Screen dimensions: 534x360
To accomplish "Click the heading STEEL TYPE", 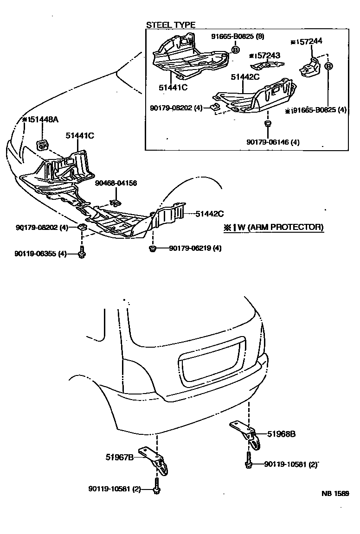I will [x=171, y=25].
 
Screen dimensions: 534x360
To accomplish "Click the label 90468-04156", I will [x=116, y=183].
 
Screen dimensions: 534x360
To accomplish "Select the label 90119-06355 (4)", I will [x=41, y=254].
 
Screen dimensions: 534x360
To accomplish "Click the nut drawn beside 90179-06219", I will [x=153, y=249].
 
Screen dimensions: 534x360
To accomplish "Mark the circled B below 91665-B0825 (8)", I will [x=235, y=50].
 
